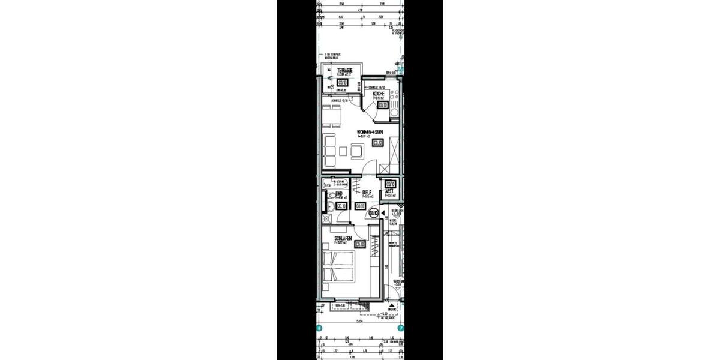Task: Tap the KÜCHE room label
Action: click(x=378, y=95)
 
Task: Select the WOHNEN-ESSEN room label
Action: click(x=370, y=133)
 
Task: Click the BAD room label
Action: click(x=339, y=194)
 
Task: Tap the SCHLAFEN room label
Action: click(x=344, y=238)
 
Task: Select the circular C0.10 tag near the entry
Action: click(x=373, y=212)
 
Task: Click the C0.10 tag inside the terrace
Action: click(x=343, y=83)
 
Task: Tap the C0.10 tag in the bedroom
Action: click(x=361, y=244)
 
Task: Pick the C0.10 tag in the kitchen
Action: click(x=382, y=106)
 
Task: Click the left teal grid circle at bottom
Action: click(x=319, y=328)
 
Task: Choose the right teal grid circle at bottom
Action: click(x=402, y=328)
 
